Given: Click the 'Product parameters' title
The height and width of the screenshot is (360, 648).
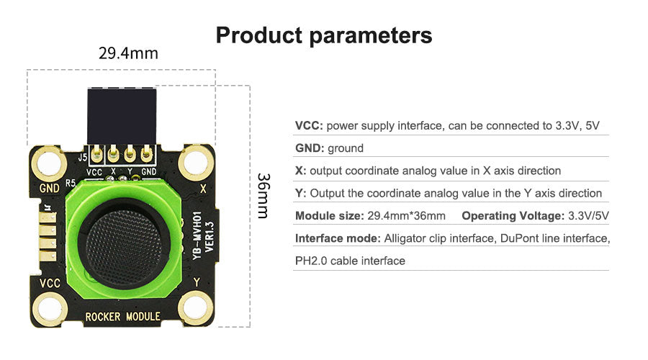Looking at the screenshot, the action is pyautogui.click(x=324, y=35).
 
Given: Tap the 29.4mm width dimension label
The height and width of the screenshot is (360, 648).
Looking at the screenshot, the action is pyautogui.click(x=128, y=53).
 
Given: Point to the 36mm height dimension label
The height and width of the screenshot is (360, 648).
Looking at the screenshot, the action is pyautogui.click(x=264, y=196).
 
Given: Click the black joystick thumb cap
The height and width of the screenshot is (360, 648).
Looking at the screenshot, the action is pyautogui.click(x=124, y=246).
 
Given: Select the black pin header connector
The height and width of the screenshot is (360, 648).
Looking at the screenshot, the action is pyautogui.click(x=122, y=116).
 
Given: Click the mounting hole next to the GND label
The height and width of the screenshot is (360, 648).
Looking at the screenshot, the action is pyautogui.click(x=49, y=163).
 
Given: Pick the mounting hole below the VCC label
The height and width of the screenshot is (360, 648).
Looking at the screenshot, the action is pyautogui.click(x=50, y=309).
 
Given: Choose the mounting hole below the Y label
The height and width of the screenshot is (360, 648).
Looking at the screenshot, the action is pyautogui.click(x=196, y=308).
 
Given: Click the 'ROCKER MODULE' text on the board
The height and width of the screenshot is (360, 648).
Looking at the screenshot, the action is pyautogui.click(x=122, y=317).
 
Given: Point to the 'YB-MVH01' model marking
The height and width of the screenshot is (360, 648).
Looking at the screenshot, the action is pyautogui.click(x=197, y=235).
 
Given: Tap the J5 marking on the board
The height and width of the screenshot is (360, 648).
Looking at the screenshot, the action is pyautogui.click(x=83, y=157).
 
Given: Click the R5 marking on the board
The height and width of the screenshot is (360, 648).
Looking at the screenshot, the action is pyautogui.click(x=71, y=183).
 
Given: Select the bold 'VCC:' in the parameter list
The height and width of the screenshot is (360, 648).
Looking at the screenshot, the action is pyautogui.click(x=309, y=126).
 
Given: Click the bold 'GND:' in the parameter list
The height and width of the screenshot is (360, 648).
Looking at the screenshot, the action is pyautogui.click(x=310, y=148).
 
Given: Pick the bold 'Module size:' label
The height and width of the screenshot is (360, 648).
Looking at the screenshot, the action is pyautogui.click(x=329, y=216).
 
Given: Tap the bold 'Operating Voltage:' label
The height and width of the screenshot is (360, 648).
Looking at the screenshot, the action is pyautogui.click(x=513, y=216).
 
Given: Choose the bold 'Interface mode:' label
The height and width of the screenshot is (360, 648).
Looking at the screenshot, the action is pyautogui.click(x=338, y=238).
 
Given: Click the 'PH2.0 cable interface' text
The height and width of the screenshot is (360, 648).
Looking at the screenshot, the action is pyautogui.click(x=350, y=261).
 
